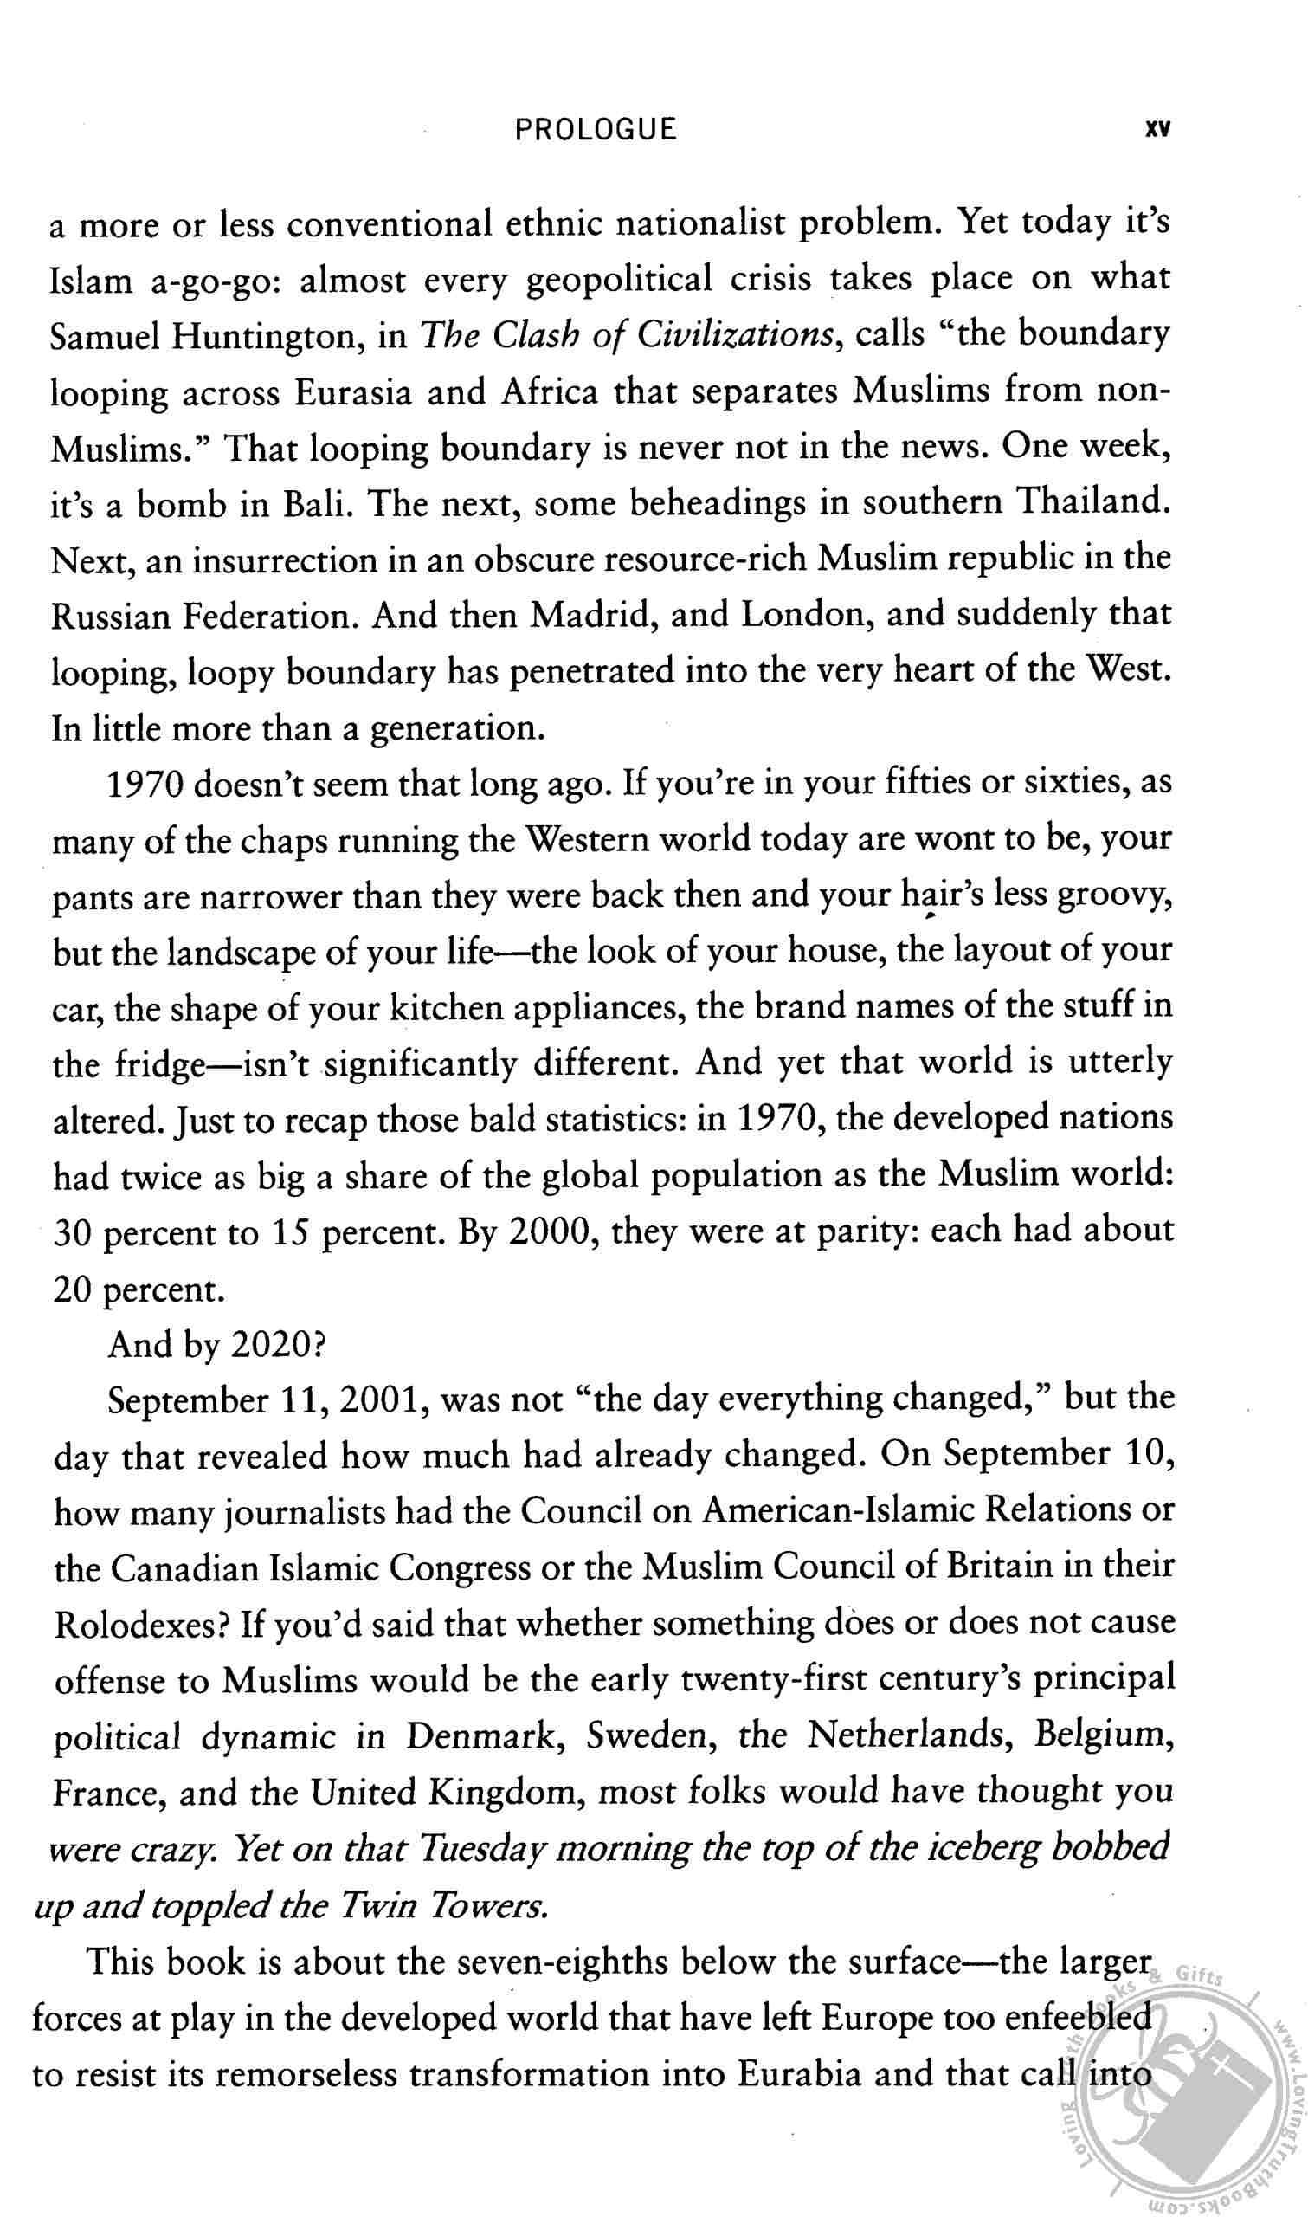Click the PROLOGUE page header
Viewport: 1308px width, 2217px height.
pyautogui.click(x=596, y=130)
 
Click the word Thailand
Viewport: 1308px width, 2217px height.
pyautogui.click(x=1093, y=502)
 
